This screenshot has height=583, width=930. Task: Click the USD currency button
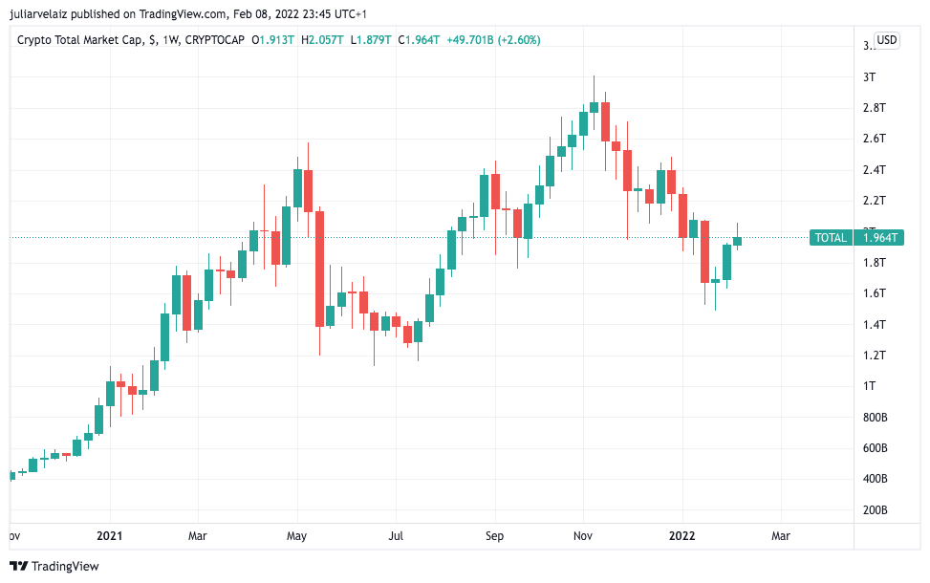[887, 40]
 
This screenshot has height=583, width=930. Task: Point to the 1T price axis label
[870, 386]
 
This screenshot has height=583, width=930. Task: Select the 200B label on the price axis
[876, 510]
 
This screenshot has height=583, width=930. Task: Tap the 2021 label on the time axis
[110, 536]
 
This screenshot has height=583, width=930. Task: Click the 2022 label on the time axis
[682, 536]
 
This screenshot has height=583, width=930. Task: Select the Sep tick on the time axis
[494, 536]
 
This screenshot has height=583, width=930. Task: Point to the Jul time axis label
[395, 536]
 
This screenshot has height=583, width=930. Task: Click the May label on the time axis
[296, 536]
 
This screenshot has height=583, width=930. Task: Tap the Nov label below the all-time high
[584, 536]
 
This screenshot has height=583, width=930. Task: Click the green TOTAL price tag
[830, 238]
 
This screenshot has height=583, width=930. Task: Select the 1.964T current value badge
[881, 238]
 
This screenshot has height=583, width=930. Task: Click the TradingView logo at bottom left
[54, 566]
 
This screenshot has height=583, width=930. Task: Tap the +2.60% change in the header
[520, 40]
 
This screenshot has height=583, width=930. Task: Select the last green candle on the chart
[738, 241]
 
